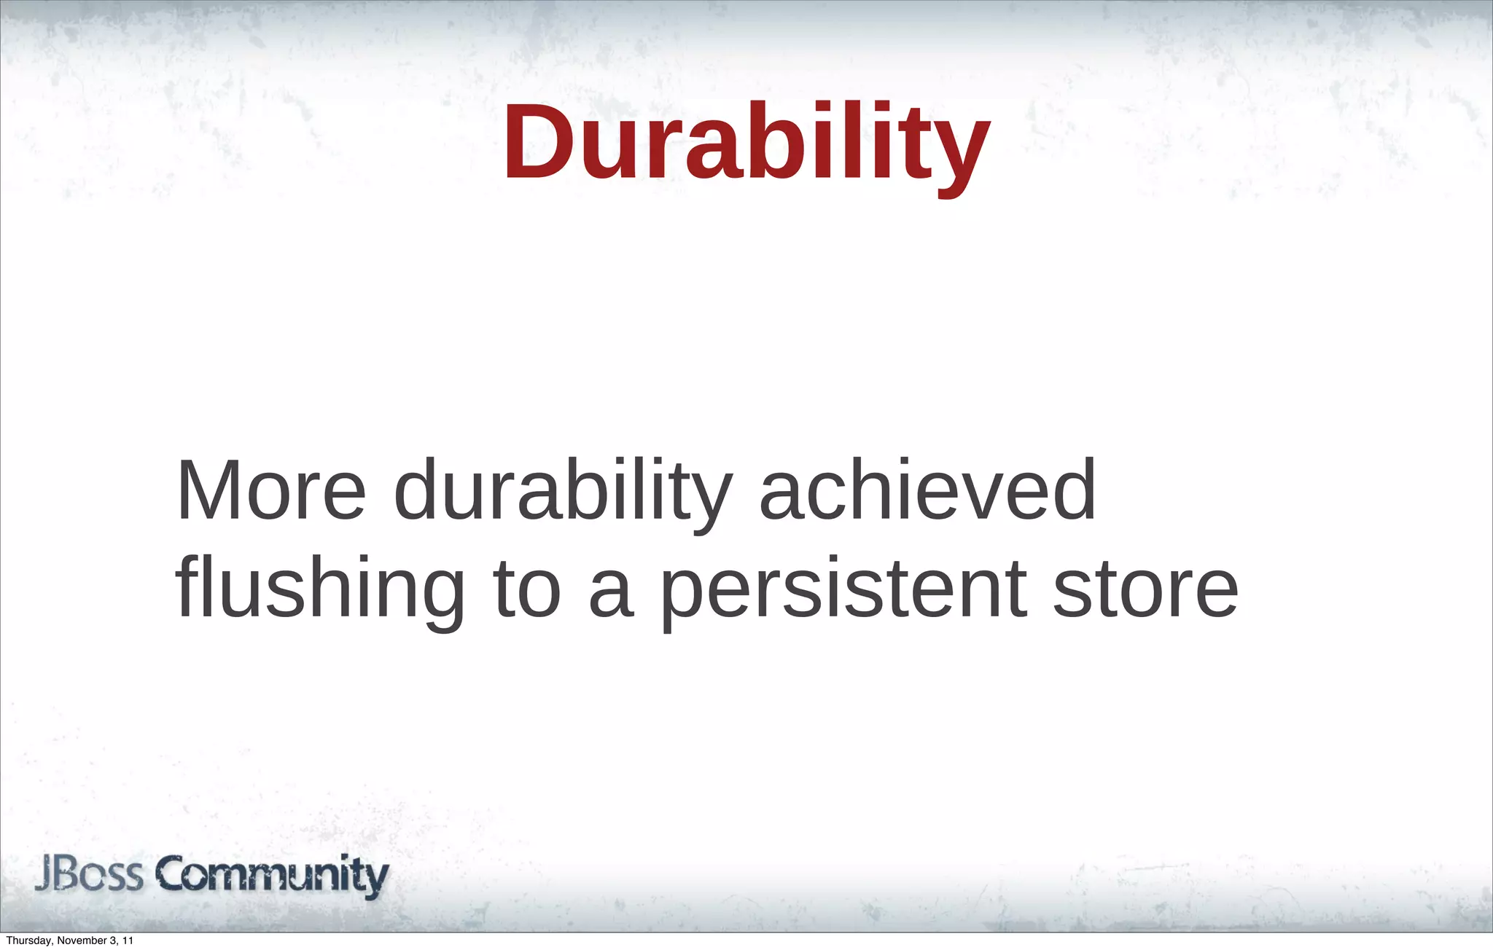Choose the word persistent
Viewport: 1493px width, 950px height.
pos(844,590)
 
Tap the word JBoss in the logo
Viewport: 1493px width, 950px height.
pos(89,875)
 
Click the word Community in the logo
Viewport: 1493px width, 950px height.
pos(272,875)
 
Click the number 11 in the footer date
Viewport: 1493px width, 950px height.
pos(128,941)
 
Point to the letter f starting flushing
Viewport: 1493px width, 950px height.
pos(186,586)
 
